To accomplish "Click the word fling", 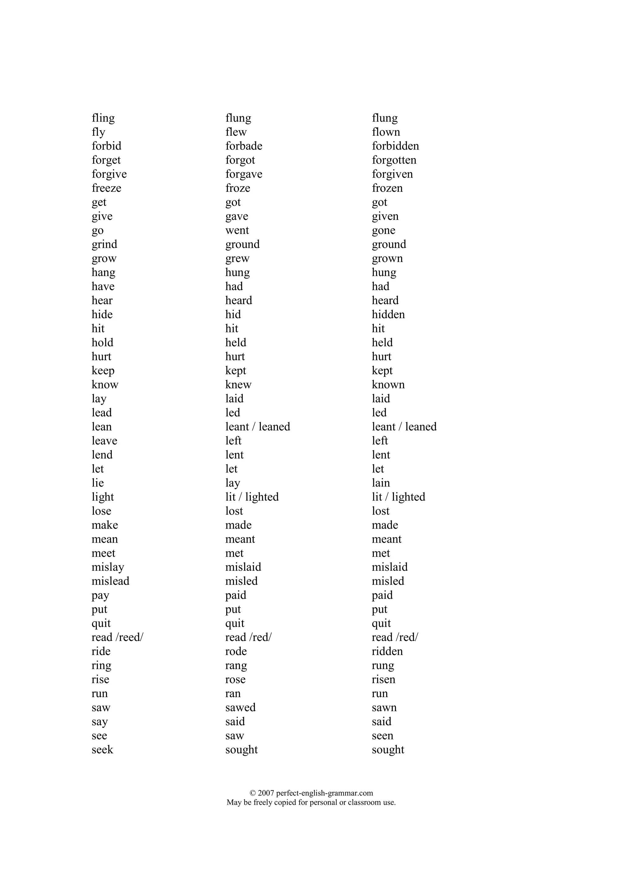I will pyautogui.click(x=103, y=118).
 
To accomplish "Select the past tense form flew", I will pyautogui.click(x=236, y=132).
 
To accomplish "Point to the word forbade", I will pyautogui.click(x=244, y=146).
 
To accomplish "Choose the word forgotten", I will pyautogui.click(x=394, y=160).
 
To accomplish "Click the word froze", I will pyautogui.click(x=238, y=188).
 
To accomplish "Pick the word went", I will pyautogui.click(x=237, y=230).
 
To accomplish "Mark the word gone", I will pyautogui.click(x=383, y=230).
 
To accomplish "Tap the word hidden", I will pyautogui.click(x=388, y=315).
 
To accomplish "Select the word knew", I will pyautogui.click(x=238, y=385).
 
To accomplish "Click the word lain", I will pyautogui.click(x=381, y=483).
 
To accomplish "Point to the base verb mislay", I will pyautogui.click(x=108, y=567).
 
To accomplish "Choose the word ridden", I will pyautogui.click(x=387, y=652).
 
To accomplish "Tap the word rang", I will pyautogui.click(x=236, y=666).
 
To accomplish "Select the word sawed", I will pyautogui.click(x=240, y=708).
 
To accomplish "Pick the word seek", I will pyautogui.click(x=102, y=750).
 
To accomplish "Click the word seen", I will pyautogui.click(x=382, y=736).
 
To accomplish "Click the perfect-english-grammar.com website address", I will pyautogui.click(x=324, y=793).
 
